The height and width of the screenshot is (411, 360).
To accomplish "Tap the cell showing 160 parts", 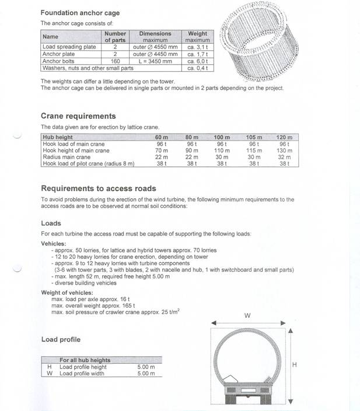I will [115, 61].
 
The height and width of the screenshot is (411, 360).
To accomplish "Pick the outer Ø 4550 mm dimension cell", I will [155, 47].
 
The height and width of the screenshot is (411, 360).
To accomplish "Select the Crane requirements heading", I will [78, 116].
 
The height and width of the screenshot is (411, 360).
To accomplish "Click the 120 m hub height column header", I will [284, 137].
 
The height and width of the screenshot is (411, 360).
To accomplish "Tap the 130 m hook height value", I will [284, 150].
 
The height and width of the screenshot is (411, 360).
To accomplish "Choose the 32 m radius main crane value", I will [284, 157].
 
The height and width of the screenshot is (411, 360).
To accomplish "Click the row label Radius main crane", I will [67, 157].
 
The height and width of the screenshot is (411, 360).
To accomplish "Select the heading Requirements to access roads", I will [98, 188].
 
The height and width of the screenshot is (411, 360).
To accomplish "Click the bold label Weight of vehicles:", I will [67, 292].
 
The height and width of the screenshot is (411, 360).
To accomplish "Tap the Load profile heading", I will [61, 339].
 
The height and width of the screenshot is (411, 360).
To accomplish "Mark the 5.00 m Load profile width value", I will [145, 374].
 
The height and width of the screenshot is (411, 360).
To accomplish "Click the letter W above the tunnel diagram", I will [247, 315].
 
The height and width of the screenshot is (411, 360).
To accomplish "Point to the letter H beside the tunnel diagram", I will [295, 364].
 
